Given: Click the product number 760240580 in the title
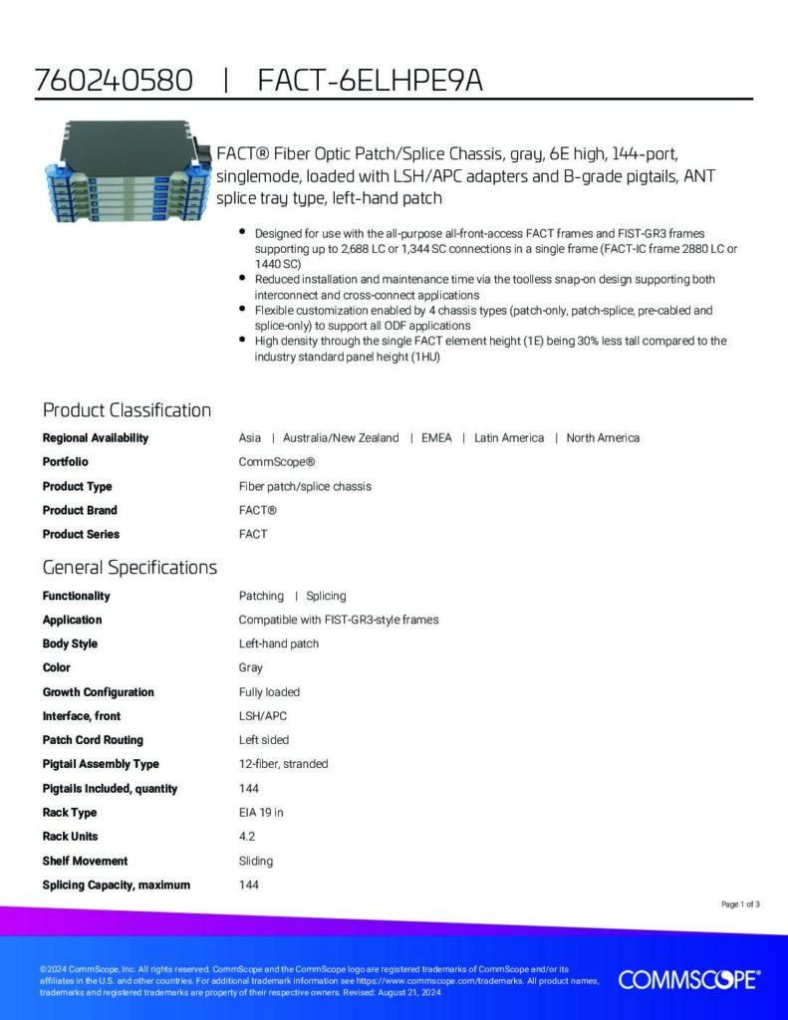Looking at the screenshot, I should click(114, 82).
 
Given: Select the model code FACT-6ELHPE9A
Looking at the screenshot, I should click(370, 82).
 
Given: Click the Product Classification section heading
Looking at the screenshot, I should click(127, 410).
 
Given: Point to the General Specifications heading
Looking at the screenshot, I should click(130, 568).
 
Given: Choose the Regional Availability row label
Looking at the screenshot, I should click(96, 438).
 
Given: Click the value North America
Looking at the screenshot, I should click(603, 438).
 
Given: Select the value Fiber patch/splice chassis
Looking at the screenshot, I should click(305, 486).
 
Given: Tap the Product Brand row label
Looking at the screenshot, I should click(80, 510).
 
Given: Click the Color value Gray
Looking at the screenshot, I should click(251, 667).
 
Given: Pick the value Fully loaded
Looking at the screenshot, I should click(269, 692).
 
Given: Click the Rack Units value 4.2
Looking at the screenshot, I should click(247, 837).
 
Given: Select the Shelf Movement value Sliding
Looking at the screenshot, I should click(256, 861).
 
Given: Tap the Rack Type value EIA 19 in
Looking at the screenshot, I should click(261, 813).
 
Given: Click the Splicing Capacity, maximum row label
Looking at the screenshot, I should click(117, 885).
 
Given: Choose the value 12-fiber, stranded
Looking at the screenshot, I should click(283, 764).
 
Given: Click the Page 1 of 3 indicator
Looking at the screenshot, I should click(740, 904).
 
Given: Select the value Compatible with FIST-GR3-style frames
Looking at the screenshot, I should click(339, 620).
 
